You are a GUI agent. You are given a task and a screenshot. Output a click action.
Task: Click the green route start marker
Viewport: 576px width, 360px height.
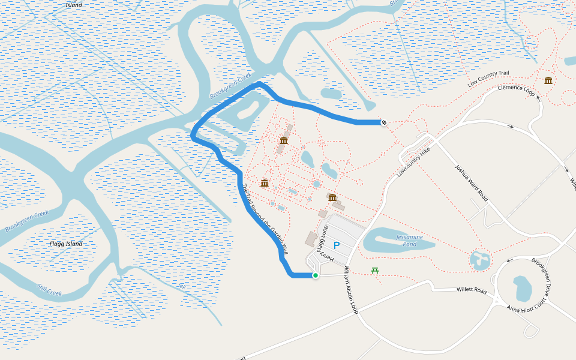click(315, 275)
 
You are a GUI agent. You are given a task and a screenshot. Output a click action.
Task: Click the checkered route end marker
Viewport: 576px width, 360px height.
click(383, 122)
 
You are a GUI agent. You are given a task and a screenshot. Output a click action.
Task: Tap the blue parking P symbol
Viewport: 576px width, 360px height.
click(337, 245)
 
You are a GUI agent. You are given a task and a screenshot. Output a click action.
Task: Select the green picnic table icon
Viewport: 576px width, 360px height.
click(375, 271)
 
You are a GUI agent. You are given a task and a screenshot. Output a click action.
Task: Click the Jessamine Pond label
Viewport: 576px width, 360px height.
click(414, 241)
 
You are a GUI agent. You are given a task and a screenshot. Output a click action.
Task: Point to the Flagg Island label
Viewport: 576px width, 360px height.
click(66, 244)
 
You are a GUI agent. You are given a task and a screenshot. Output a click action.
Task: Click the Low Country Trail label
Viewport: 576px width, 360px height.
click(488, 78)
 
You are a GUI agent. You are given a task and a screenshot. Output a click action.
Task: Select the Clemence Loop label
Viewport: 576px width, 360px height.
click(516, 91)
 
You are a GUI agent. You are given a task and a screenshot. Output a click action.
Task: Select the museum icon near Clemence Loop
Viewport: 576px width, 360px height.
click(548, 80)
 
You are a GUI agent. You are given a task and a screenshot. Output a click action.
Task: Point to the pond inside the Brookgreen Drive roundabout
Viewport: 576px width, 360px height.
click(521, 288)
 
